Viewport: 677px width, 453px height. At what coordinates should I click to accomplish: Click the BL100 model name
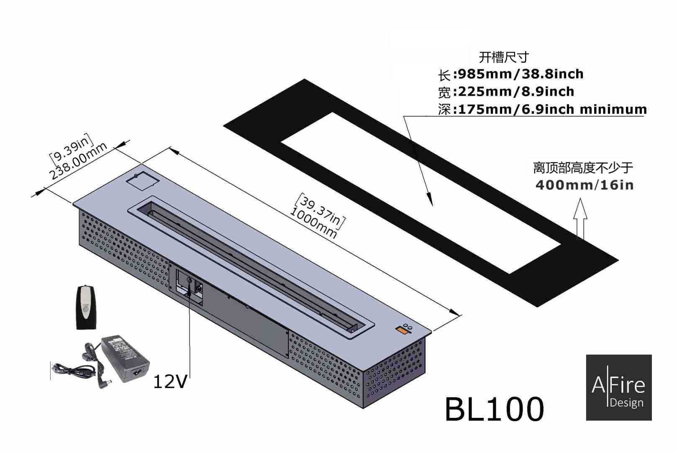[494, 409]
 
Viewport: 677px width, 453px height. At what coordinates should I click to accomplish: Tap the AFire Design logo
[618, 387]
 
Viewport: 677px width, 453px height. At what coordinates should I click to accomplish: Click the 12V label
[170, 381]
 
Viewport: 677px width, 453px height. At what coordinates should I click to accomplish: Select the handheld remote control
[87, 307]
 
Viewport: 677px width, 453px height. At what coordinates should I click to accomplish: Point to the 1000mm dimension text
[313, 223]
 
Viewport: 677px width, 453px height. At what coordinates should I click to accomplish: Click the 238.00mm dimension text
[79, 161]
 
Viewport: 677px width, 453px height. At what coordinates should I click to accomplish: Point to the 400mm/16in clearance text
[584, 185]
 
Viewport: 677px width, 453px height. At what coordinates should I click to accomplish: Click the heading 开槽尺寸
[504, 57]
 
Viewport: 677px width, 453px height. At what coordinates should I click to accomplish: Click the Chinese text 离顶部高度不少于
[583, 168]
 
